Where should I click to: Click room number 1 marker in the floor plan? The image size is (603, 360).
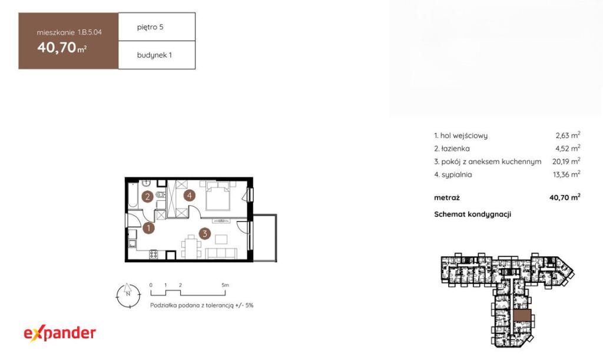pyautogui.click(x=148, y=228)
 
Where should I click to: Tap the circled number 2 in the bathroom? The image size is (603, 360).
pyautogui.click(x=147, y=197)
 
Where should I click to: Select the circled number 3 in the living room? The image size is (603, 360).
pyautogui.click(x=204, y=233)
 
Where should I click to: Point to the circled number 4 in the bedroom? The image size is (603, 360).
pyautogui.click(x=189, y=196)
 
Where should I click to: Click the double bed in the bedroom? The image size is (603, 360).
pyautogui.click(x=218, y=196)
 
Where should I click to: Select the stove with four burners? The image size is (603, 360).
pyautogui.click(x=154, y=254)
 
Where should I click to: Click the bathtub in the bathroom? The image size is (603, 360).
pyautogui.click(x=133, y=195)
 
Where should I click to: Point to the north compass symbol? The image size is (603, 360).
pyautogui.click(x=128, y=295)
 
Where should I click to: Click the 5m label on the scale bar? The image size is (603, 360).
pyautogui.click(x=226, y=285)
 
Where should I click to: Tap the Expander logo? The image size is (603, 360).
pyautogui.click(x=60, y=333)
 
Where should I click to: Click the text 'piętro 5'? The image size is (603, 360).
pyautogui.click(x=150, y=27)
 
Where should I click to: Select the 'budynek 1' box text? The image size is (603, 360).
pyautogui.click(x=155, y=55)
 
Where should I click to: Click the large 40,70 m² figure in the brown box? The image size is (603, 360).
pyautogui.click(x=62, y=47)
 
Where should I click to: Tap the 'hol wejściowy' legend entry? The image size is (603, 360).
pyautogui.click(x=460, y=136)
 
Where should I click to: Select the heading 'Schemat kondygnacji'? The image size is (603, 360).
pyautogui.click(x=473, y=214)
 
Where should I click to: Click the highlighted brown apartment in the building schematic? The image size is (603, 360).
pyautogui.click(x=522, y=315)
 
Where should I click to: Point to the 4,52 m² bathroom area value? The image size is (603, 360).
pyautogui.click(x=568, y=148)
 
